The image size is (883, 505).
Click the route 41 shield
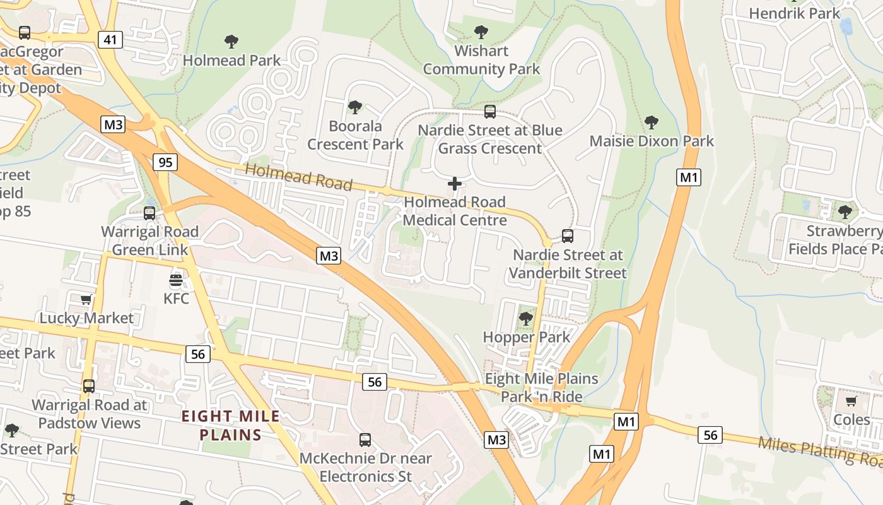pos(110,40)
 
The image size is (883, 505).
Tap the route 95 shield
pos(165,162)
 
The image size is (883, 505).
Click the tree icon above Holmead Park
pos(231,42)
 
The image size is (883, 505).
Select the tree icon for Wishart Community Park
pos(481,32)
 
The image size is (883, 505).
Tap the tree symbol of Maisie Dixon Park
pos(652,122)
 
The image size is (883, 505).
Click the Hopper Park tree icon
pos(525,319)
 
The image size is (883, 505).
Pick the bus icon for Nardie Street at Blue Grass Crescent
pos(490,112)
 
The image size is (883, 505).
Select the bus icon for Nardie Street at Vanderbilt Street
pos(568,237)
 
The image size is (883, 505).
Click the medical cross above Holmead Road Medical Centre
pos(455,184)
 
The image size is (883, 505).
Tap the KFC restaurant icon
pos(176,280)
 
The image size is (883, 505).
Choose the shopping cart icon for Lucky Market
pos(86,300)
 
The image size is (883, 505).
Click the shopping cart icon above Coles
pos(851,401)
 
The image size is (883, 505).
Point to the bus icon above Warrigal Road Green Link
pos(149,213)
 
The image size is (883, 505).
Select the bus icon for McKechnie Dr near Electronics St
pos(365,440)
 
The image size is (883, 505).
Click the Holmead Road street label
pos(298,177)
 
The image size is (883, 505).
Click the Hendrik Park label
pos(794,13)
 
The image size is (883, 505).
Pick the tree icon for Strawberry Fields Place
pos(845,212)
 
